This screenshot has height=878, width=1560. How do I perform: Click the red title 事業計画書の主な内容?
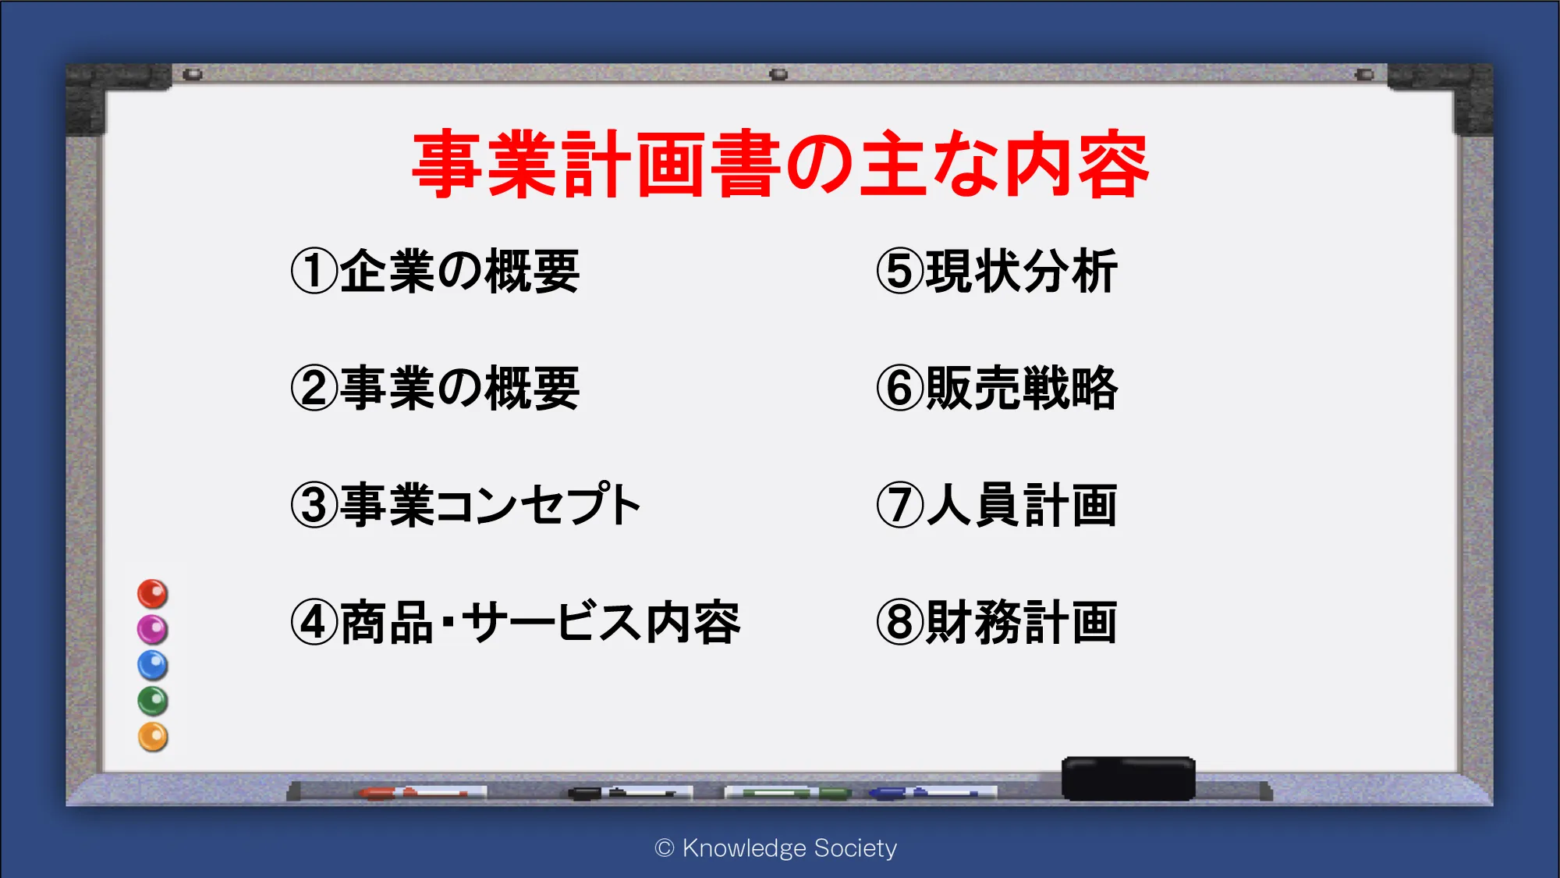780,164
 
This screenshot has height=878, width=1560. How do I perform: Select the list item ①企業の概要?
435,272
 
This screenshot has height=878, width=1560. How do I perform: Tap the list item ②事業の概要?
435,388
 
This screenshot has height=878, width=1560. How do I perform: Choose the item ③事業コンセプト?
466,505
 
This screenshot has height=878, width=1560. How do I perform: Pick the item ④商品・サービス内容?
516,622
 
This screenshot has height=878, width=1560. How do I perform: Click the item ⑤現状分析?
997,272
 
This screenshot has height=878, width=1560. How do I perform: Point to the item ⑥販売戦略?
997,388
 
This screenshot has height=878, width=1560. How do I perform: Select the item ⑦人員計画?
997,505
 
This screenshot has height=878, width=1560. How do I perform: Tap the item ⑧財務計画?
997,622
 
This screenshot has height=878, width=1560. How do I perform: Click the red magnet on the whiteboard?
153,594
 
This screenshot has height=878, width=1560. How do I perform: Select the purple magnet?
153,630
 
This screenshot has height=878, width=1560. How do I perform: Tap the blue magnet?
153,666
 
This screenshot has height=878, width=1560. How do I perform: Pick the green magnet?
153,702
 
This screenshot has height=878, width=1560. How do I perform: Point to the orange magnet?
153,738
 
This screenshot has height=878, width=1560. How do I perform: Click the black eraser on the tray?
1128,778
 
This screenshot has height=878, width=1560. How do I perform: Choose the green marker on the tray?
788,793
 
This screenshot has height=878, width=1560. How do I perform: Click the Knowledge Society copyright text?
776,848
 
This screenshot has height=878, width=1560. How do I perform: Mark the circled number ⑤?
900,272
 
